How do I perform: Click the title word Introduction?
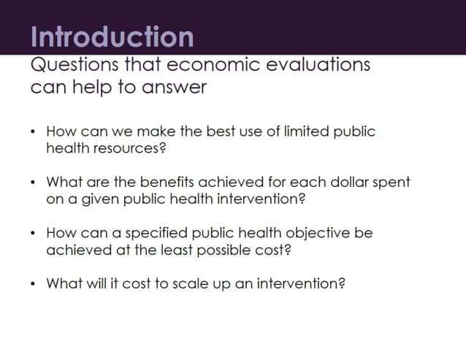click(x=112, y=37)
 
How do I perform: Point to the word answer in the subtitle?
click(x=175, y=88)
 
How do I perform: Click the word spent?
click(x=394, y=183)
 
